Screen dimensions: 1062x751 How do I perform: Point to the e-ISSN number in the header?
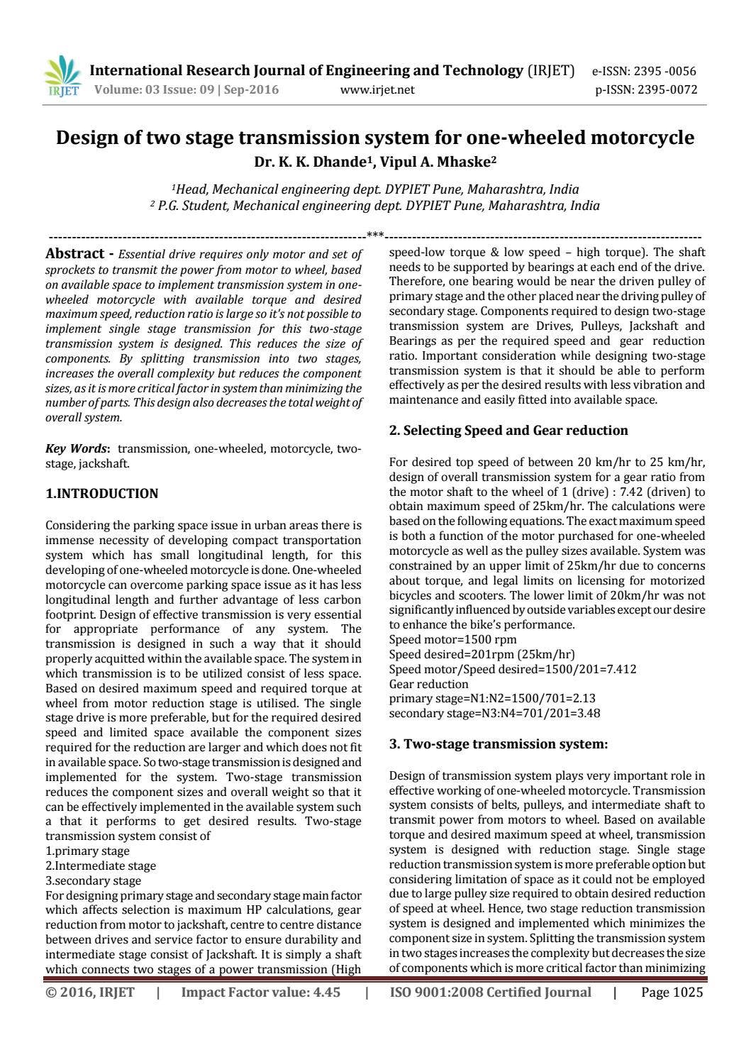pos(644,72)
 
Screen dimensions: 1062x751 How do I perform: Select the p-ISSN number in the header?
pos(646,90)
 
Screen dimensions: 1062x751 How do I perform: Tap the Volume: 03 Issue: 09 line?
pos(187,90)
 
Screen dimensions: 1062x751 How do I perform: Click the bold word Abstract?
pos(74,254)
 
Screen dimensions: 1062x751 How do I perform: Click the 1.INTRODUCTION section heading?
pos(102,494)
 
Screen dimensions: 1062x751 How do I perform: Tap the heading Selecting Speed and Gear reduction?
pos(508,431)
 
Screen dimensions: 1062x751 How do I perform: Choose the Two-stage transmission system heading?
pos(499,744)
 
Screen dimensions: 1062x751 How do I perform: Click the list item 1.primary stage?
pos(87,851)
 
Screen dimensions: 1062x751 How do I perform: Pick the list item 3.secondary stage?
pos(93,881)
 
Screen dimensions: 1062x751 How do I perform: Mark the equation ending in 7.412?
pos(513,669)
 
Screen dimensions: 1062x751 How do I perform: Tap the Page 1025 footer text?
pos(672,992)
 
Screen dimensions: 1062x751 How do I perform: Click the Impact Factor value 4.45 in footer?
pos(261,992)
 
